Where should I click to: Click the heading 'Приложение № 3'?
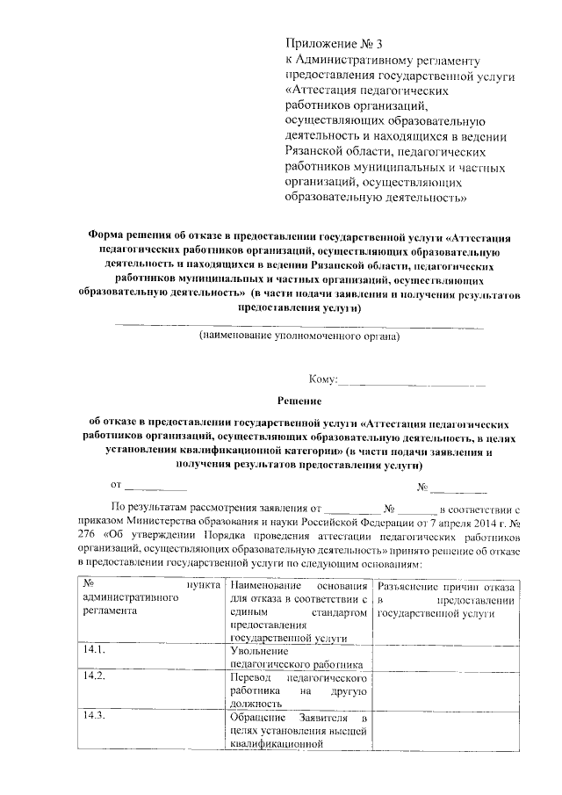point(335,44)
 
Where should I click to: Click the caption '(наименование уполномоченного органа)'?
point(299,336)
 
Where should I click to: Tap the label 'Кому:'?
point(322,379)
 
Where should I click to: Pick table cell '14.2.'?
point(94,676)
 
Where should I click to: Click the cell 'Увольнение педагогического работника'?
point(295,657)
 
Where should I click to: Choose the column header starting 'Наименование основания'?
point(298,586)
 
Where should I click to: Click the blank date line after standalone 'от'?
point(155,486)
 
